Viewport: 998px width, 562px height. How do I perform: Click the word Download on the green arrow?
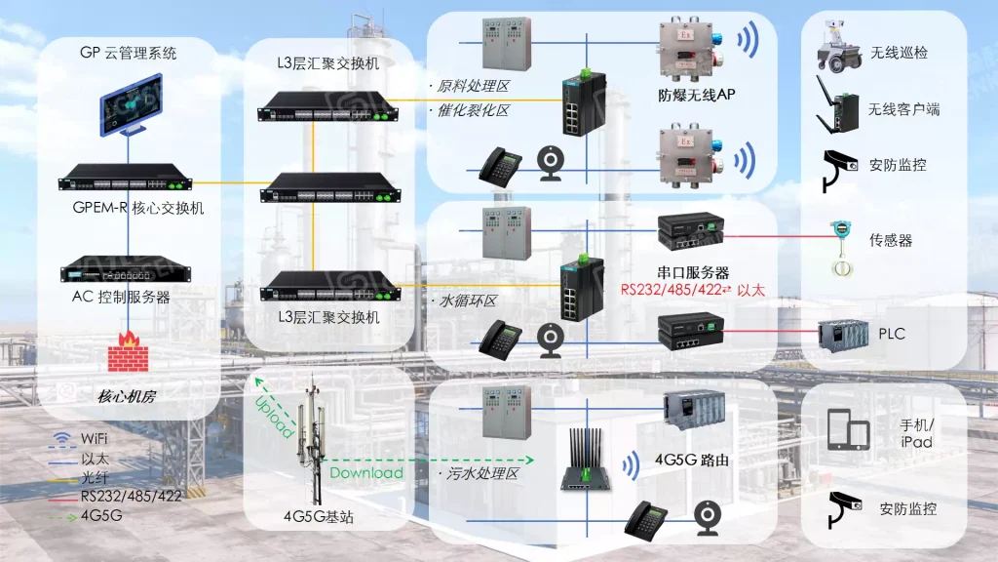click(x=366, y=473)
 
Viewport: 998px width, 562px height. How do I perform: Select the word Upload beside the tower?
click(x=274, y=416)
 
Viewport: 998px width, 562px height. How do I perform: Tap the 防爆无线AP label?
click(x=696, y=95)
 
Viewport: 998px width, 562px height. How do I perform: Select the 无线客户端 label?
click(x=904, y=109)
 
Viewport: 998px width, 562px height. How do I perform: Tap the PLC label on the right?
click(x=892, y=334)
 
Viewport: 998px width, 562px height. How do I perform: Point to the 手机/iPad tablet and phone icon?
click(x=847, y=428)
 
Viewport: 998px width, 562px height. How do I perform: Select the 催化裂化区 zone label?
click(x=475, y=111)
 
